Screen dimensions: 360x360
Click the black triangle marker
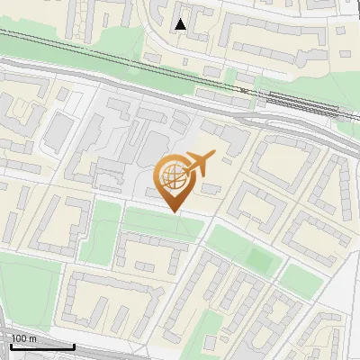pyautogui.click(x=181, y=24)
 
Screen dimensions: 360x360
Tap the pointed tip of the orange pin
pyautogui.click(x=174, y=211)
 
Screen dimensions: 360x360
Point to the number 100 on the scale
pyautogui.click(x=18, y=338)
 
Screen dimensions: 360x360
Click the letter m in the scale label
pyautogui.click(x=32, y=338)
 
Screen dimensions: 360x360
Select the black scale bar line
pyautogui.click(x=40, y=346)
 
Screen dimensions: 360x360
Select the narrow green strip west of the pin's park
pyautogui.click(x=105, y=230)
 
